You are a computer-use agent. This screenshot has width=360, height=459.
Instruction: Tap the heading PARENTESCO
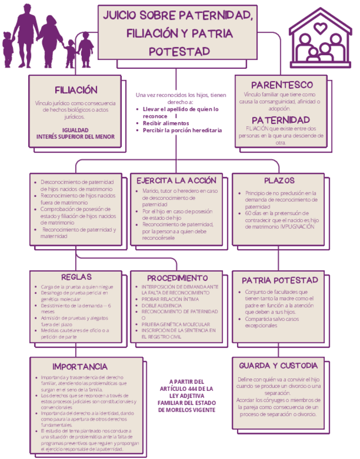(282, 85)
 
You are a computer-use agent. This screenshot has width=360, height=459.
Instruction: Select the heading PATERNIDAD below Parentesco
(280, 119)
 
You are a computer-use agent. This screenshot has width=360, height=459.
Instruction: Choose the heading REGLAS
(76, 276)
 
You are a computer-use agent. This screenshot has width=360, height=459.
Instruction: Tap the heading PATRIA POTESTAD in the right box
(279, 280)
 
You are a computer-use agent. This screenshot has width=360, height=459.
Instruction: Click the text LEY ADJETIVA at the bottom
(187, 396)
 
